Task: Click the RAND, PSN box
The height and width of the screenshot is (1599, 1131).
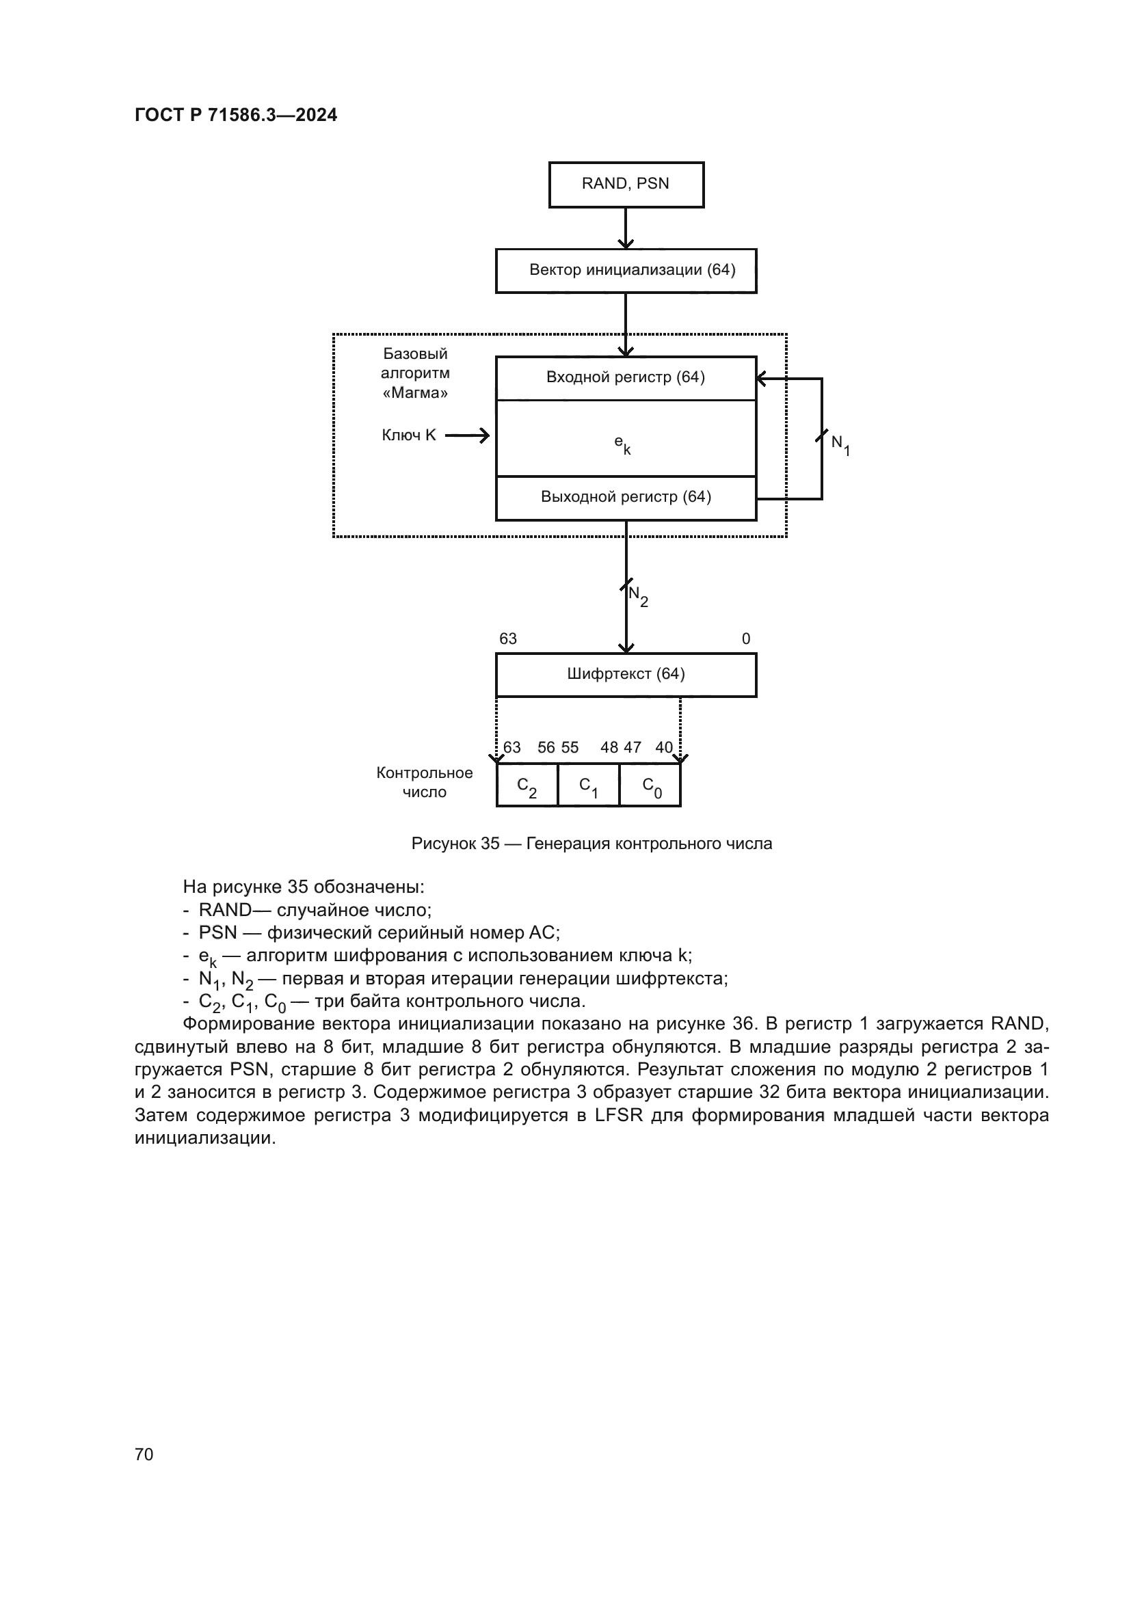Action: [x=626, y=185]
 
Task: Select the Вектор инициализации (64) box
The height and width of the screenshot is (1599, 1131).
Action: [x=626, y=270]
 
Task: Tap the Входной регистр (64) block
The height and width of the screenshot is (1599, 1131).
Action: [x=626, y=377]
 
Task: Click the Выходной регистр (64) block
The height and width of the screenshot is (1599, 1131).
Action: [x=626, y=497]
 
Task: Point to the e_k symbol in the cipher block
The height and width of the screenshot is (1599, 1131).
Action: [x=622, y=444]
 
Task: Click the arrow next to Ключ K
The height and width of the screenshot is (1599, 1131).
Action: [x=467, y=436]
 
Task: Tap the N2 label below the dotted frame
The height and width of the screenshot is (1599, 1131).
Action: [x=638, y=595]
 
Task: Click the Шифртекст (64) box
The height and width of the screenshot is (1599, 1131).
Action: [x=626, y=674]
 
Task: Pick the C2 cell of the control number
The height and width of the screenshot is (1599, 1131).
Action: [x=527, y=785]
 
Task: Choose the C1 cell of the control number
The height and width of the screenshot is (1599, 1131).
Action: [x=589, y=785]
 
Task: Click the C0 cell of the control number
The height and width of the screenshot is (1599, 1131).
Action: [x=650, y=785]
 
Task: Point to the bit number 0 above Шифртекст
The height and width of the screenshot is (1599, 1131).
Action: [x=746, y=639]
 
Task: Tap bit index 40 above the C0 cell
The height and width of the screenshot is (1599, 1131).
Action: [x=664, y=747]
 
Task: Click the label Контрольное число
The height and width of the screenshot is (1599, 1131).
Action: [x=424, y=782]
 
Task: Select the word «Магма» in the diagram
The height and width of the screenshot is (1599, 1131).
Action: [x=415, y=393]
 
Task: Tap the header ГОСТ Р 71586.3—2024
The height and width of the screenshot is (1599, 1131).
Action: [x=235, y=116]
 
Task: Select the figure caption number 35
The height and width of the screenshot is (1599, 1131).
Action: [x=490, y=844]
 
